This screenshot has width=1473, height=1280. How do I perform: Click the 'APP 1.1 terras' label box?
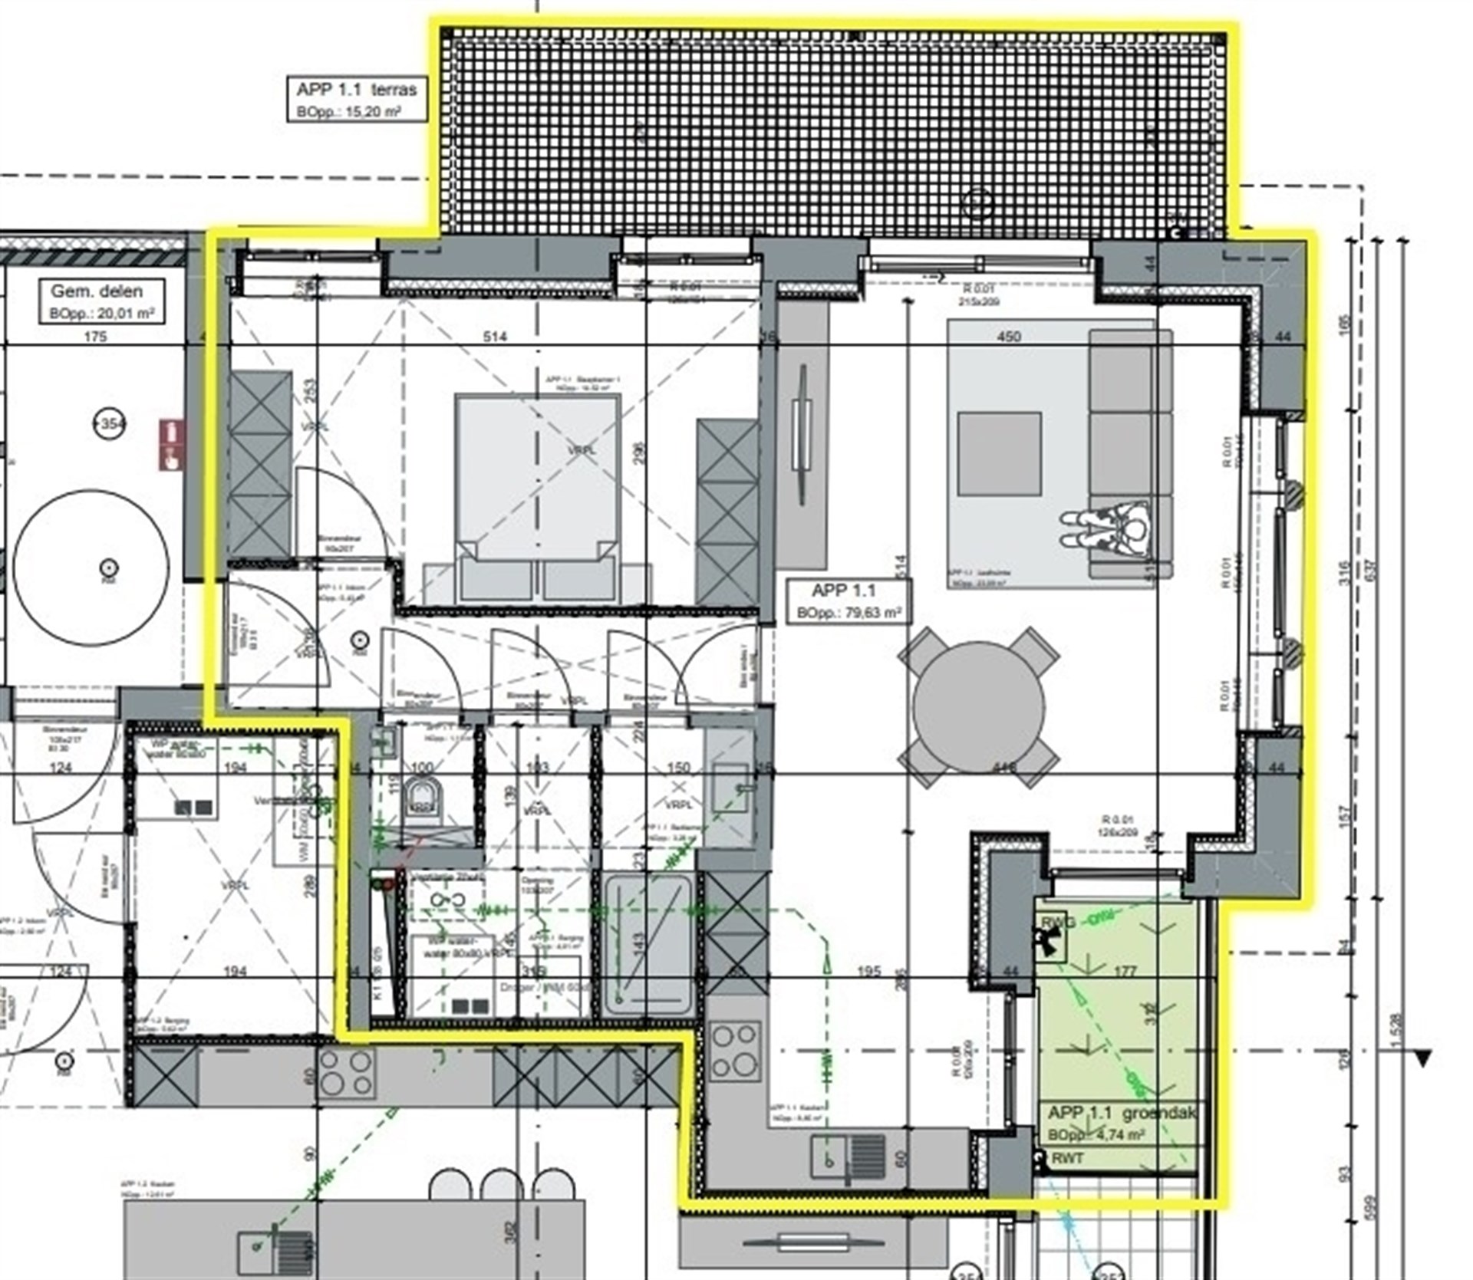[356, 98]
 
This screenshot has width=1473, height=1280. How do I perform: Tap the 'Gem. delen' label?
[97, 291]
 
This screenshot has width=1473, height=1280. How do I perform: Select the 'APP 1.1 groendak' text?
[1121, 1113]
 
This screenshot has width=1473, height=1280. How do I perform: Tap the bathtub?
[648, 943]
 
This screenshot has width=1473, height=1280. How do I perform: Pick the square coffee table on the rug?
[999, 453]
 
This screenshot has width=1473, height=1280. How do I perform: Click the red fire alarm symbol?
[172, 444]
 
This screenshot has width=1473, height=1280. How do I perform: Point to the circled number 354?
[109, 423]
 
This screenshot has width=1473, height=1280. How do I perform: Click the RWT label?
[1067, 1157]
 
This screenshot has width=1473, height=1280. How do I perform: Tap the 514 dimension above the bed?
[495, 337]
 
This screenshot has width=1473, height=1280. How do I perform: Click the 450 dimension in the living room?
[1009, 337]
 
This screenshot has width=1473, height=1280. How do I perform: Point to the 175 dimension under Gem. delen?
[95, 337]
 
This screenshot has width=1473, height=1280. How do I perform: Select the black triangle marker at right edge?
[1423, 1058]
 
